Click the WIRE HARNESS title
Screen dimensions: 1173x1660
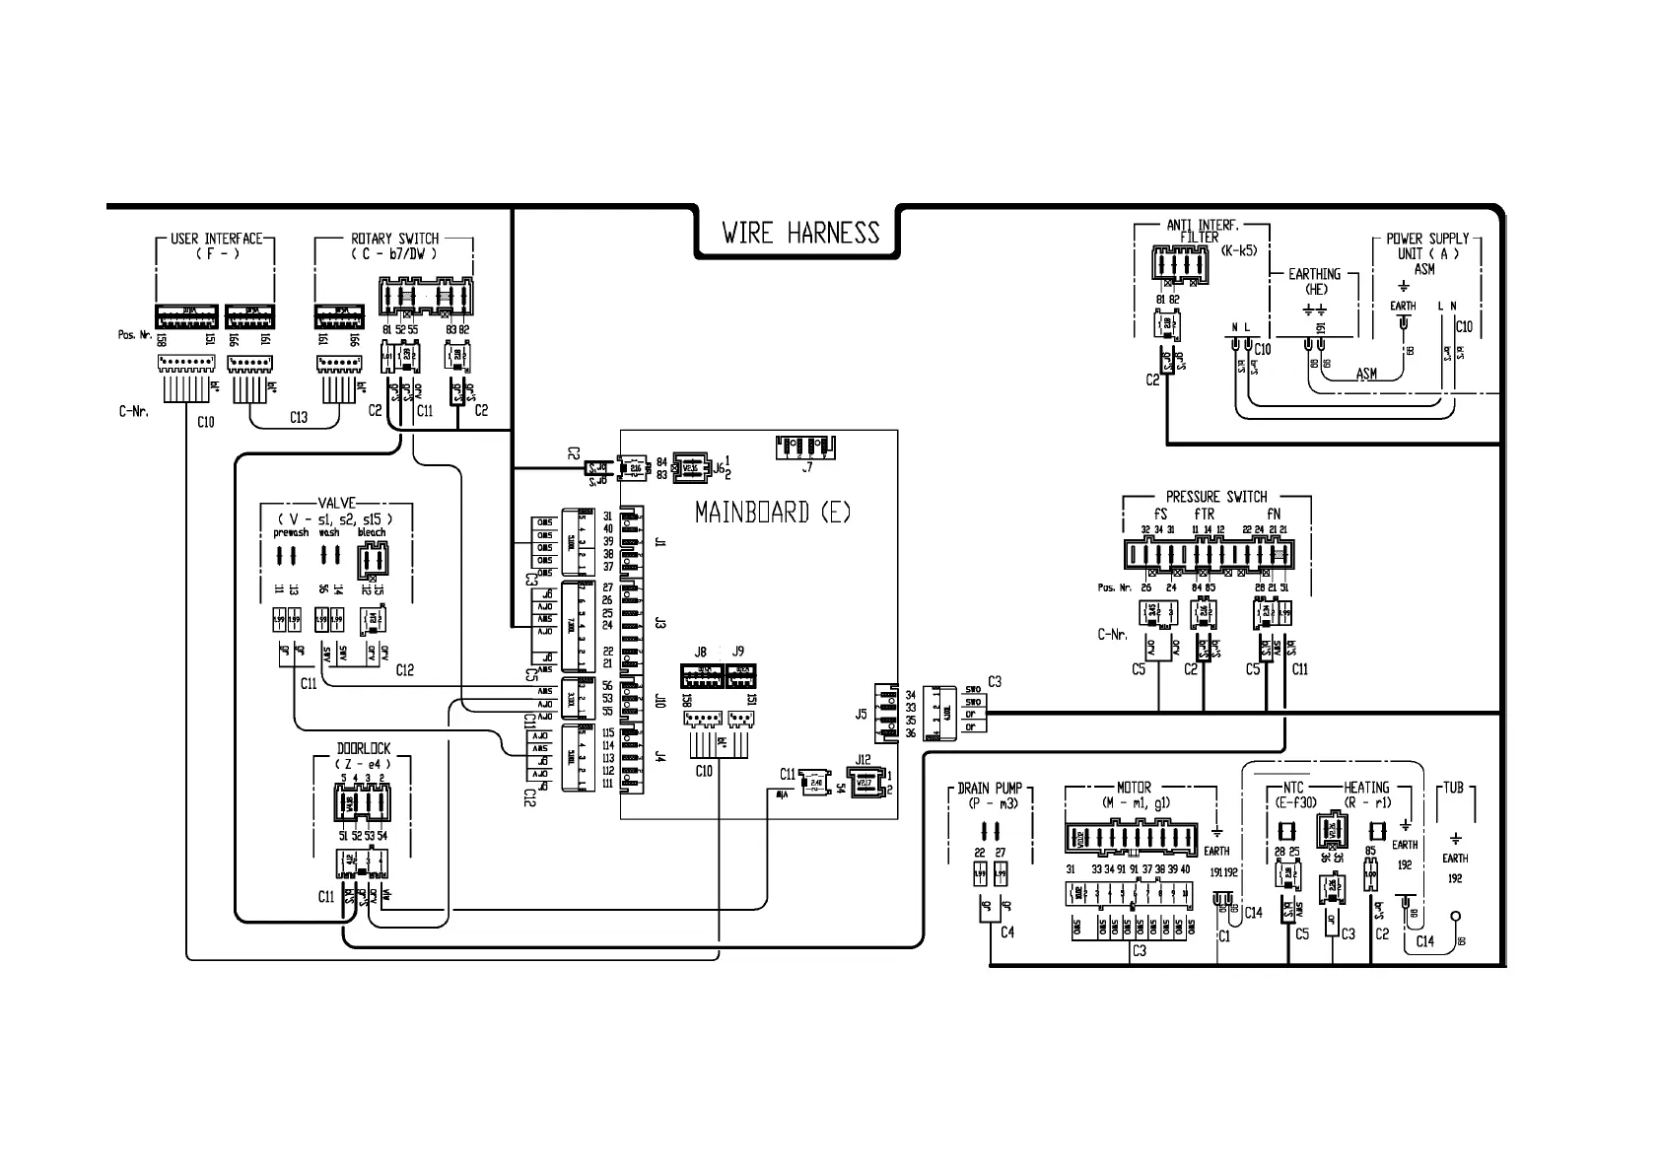coord(799,234)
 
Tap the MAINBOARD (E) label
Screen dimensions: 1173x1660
coord(773,513)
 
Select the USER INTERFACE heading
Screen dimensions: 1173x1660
coord(216,239)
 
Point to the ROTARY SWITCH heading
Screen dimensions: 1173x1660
coord(394,239)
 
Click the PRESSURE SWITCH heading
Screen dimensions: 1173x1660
coord(1216,497)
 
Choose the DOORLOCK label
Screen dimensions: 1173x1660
coord(364,749)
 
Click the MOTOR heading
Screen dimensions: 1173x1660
coord(1134,789)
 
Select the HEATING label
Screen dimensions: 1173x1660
coord(1366,788)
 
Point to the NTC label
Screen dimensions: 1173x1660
coord(1293,788)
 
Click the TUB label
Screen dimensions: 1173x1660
coord(1454,788)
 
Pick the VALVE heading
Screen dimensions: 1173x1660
coord(336,502)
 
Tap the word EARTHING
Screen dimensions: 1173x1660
coord(1314,274)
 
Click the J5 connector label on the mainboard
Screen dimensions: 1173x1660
coord(861,713)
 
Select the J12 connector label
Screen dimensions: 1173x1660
coord(864,759)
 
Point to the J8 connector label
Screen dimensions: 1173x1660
coord(701,653)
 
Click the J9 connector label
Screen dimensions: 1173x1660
coord(738,653)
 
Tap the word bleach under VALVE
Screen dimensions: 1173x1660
coord(372,532)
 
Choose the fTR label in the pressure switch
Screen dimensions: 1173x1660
coord(1204,514)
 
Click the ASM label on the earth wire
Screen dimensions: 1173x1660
coord(1366,374)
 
